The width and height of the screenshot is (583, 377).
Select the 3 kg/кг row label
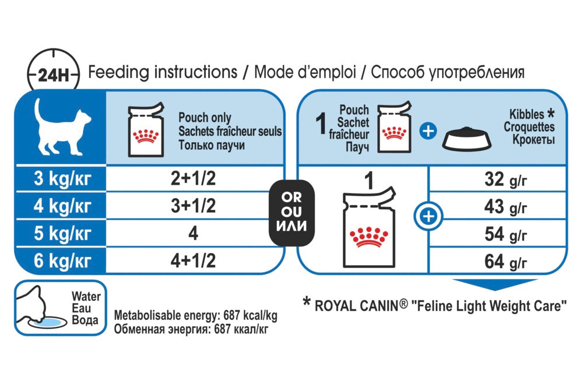click(61, 179)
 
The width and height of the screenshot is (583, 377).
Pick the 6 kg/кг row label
click(61, 260)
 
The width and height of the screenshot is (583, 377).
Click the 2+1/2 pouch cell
click(192, 179)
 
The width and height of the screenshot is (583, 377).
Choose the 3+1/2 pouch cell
click(192, 206)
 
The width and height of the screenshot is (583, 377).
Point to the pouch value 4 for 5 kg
click(193, 233)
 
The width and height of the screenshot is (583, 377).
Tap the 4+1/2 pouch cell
click(192, 260)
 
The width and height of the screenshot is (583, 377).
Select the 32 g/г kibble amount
click(505, 179)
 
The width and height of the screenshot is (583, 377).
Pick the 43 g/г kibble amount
click(505, 206)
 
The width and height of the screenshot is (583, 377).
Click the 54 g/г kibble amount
click(505, 234)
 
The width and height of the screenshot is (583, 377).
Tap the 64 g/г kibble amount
click(505, 260)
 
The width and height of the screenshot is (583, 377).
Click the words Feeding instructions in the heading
click(162, 73)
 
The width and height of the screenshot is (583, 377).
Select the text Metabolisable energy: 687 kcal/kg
click(195, 316)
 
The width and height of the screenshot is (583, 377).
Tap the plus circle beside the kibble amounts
click(429, 217)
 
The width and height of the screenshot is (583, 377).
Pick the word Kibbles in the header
click(526, 115)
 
